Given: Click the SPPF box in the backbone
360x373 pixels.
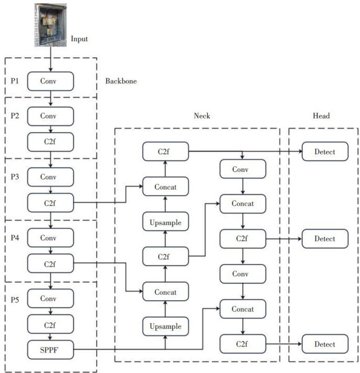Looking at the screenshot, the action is tap(50, 350).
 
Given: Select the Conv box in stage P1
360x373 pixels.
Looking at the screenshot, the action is tap(50, 81).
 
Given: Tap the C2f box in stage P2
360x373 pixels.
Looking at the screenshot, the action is tap(50, 142).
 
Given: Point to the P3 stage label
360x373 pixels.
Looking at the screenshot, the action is tap(15, 177).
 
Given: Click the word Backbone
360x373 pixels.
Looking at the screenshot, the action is tap(121, 81).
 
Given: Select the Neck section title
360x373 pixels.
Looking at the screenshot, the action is tap(202, 116).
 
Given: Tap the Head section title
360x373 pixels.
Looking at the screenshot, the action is tap(321, 116).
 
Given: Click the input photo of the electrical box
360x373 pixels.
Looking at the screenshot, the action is tap(51, 25).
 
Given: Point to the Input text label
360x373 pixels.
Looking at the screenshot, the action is tap(79, 39).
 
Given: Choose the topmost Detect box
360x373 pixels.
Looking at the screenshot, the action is tap(325, 151).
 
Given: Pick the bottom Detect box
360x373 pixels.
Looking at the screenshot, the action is tap(325, 344).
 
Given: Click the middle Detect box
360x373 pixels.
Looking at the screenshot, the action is tap(325, 238).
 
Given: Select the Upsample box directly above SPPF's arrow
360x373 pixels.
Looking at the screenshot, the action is tap(166, 326).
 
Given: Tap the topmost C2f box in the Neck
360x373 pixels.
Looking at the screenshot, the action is tap(166, 151).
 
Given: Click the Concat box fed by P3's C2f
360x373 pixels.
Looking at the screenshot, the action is tap(166, 186).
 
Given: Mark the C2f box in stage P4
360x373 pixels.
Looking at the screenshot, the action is tap(50, 264).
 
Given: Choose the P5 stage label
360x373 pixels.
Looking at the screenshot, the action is tap(15, 300).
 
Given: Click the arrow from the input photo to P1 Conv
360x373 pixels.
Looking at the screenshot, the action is tap(50, 59).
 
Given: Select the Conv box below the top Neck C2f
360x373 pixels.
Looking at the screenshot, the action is tap(243, 169).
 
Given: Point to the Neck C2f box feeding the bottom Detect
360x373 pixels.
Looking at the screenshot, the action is tap(243, 344).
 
